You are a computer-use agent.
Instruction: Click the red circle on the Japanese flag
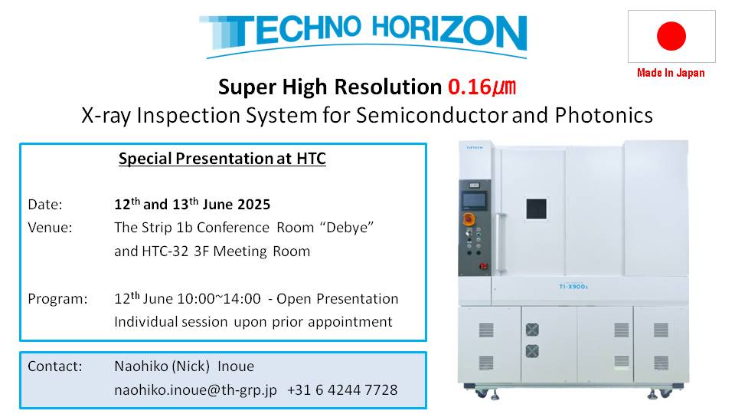click(671, 36)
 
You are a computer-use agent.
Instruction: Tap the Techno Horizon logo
click(363, 36)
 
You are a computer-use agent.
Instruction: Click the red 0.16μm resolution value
click(482, 87)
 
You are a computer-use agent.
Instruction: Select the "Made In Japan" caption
click(671, 73)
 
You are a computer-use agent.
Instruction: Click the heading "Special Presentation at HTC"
click(222, 159)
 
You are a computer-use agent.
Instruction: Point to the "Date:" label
click(45, 205)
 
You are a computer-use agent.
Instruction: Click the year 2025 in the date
click(253, 205)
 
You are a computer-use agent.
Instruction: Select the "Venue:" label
click(51, 228)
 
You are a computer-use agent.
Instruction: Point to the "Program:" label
click(57, 299)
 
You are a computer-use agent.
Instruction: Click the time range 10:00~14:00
click(224, 299)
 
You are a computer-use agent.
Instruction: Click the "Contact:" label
click(55, 366)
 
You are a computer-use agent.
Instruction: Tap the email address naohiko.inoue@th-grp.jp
click(195, 390)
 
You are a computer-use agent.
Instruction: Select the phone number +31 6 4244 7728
click(342, 390)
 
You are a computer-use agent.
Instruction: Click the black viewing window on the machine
click(536, 209)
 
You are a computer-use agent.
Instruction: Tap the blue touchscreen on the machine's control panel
click(474, 200)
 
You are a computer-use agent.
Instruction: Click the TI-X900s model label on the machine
click(573, 286)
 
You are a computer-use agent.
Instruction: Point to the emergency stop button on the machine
click(469, 219)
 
